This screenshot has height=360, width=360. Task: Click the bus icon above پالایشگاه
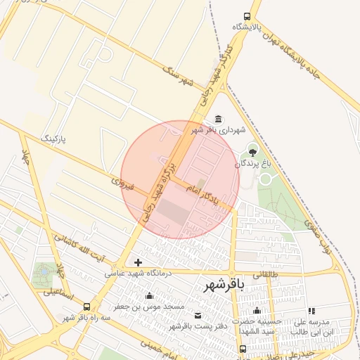pyautogui.click(x=247, y=16)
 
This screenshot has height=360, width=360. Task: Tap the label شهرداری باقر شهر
pyautogui.click(x=214, y=130)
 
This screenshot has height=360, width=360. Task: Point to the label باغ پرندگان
pyautogui.click(x=257, y=163)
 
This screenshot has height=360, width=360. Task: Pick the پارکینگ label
pyautogui.click(x=54, y=138)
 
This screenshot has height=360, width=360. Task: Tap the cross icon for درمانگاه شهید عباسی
pyautogui.click(x=138, y=262)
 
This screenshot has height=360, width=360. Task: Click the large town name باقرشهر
pyautogui.click(x=224, y=285)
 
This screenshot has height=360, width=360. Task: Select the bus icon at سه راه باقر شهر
pyautogui.click(x=86, y=307)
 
